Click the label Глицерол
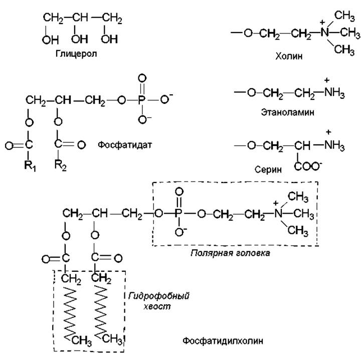(76, 53)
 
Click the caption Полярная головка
(230, 253)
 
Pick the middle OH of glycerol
(78, 39)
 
